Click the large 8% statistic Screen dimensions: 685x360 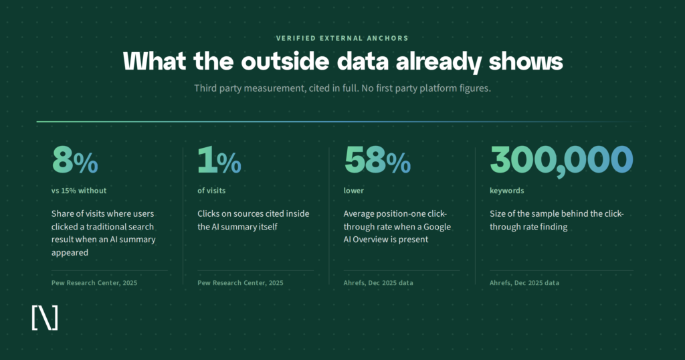pyautogui.click(x=75, y=160)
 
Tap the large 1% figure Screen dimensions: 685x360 pyautogui.click(x=219, y=160)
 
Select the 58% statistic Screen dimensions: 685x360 pyautogui.click(x=377, y=160)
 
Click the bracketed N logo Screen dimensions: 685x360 pyautogui.click(x=45, y=318)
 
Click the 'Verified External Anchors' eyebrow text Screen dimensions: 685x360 pyautogui.click(x=342, y=38)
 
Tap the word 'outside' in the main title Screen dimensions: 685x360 pyautogui.click(x=285, y=61)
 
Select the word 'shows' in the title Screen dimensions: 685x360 pyautogui.click(x=526, y=61)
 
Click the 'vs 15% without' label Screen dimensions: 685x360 pyautogui.click(x=79, y=191)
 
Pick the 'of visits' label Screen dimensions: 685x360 pyautogui.click(x=211, y=191)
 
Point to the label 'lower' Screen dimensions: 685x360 pyautogui.click(x=353, y=191)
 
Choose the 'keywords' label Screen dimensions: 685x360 pyautogui.click(x=507, y=191)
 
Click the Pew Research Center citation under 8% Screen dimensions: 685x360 pyautogui.click(x=94, y=282)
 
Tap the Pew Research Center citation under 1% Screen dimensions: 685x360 pyautogui.click(x=240, y=282)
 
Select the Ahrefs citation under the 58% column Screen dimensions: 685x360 pyautogui.click(x=379, y=282)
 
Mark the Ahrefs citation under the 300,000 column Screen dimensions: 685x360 pyautogui.click(x=524, y=282)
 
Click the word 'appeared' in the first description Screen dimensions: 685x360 pyautogui.click(x=70, y=252)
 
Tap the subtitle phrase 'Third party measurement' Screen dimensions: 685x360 pyautogui.click(x=250, y=88)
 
